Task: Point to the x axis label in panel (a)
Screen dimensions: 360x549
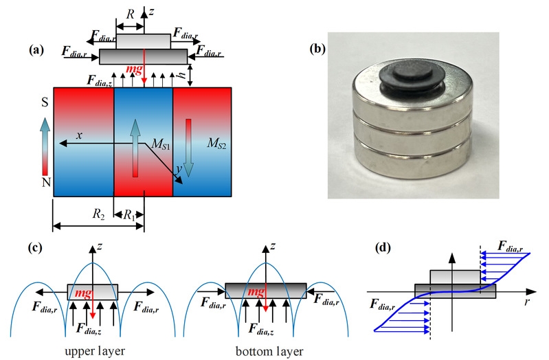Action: [x=80, y=135]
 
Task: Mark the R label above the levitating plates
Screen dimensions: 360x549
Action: [x=129, y=14]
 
